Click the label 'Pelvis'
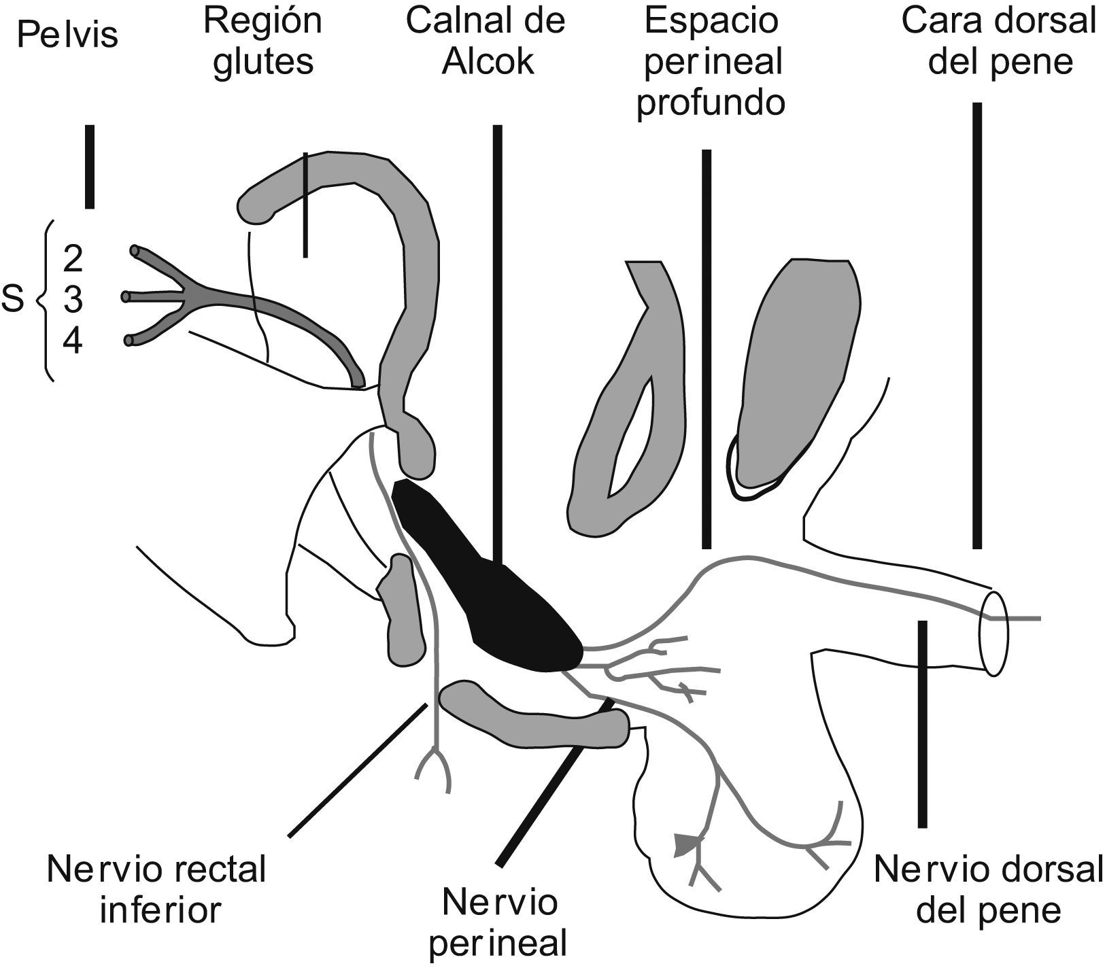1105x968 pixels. (67, 35)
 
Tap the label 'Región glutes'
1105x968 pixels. (263, 42)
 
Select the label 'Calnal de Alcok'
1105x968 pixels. (486, 42)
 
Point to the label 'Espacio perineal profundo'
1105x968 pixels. (711, 63)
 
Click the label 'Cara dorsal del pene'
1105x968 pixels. (999, 42)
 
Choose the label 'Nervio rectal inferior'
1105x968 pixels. (157, 889)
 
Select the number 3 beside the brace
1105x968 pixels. (73, 300)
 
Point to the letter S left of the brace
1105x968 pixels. (14, 300)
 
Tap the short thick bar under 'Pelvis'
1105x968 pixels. (89, 167)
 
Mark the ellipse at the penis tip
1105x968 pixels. (993, 633)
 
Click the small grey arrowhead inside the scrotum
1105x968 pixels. (685, 845)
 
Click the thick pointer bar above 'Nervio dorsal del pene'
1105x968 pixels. (923, 724)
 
